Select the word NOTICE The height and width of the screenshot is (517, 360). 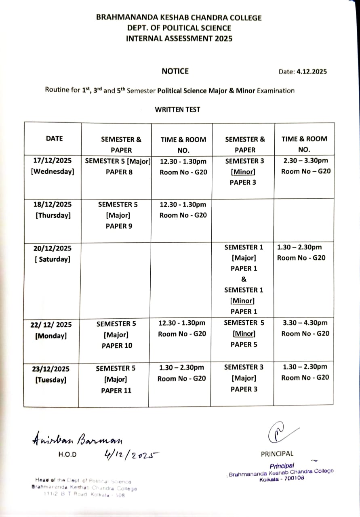[x=175, y=71]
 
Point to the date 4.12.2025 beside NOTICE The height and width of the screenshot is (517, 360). [x=311, y=72]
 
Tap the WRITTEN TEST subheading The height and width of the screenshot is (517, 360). [x=177, y=109]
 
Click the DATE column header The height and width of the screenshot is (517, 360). [x=54, y=139]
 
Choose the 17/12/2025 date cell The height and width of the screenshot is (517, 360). [x=53, y=160]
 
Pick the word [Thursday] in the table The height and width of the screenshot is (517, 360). [x=53, y=215]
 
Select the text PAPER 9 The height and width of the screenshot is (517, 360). [x=119, y=226]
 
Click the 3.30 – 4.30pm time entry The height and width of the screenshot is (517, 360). [x=305, y=323]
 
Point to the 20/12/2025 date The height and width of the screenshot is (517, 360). [x=52, y=248]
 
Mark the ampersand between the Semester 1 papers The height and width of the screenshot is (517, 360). [x=244, y=279]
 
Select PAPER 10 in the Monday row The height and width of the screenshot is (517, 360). [x=117, y=345]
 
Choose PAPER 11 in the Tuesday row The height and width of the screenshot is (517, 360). [x=116, y=390]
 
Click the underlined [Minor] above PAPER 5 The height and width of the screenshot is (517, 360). [x=244, y=334]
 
